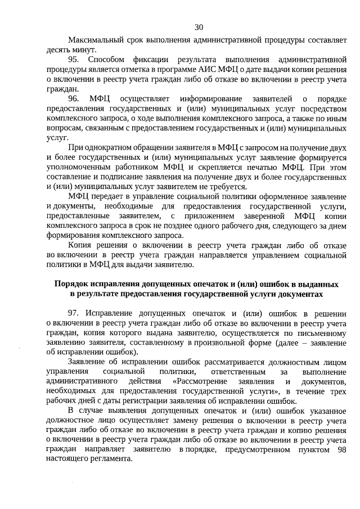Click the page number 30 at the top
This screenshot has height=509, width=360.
pyautogui.click(x=199, y=27)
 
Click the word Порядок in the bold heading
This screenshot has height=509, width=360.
pyautogui.click(x=71, y=284)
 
